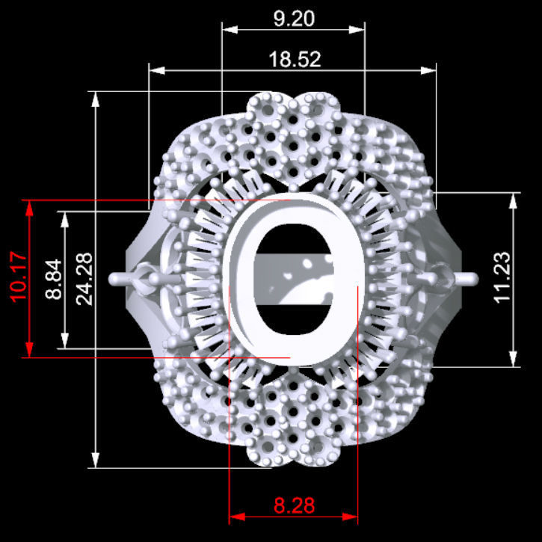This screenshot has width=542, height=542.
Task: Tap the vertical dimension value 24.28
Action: [84, 278]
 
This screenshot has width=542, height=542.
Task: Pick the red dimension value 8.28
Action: [294, 506]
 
